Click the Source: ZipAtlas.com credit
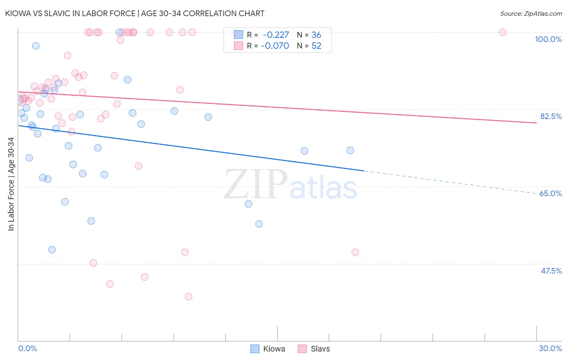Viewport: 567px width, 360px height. (531, 13)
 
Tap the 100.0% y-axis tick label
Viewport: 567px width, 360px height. (548, 39)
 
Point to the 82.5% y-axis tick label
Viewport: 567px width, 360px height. (551, 116)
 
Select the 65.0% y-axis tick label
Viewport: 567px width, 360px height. (550, 193)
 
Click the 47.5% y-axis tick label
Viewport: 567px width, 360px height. (551, 271)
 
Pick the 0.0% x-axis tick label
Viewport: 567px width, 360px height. (27, 348)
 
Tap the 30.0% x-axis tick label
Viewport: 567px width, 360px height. (550, 348)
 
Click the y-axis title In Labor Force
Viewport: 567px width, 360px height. (11, 184)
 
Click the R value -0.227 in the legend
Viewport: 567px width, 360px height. (276, 35)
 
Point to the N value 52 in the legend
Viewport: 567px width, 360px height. (316, 46)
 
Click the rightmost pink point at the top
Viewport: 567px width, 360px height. (502, 32)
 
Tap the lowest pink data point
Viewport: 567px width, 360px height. (188, 297)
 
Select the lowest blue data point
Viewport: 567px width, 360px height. (52, 250)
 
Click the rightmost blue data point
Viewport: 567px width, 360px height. (350, 151)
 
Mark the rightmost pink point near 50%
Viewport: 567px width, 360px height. (355, 252)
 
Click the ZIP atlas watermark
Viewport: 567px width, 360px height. (290, 184)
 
